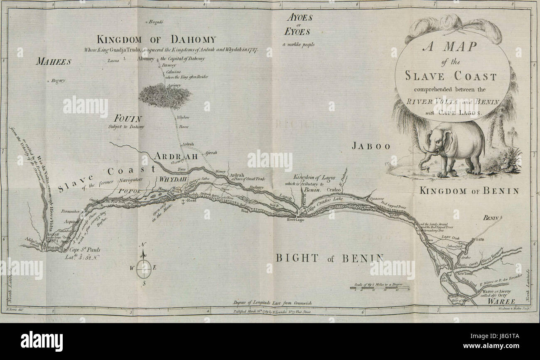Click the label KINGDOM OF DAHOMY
(156, 40)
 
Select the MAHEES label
(53, 62)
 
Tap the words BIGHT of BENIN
(330, 258)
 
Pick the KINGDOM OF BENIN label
(469, 191)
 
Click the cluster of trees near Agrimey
(164, 95)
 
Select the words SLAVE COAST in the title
(451, 76)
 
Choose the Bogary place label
(59, 81)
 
